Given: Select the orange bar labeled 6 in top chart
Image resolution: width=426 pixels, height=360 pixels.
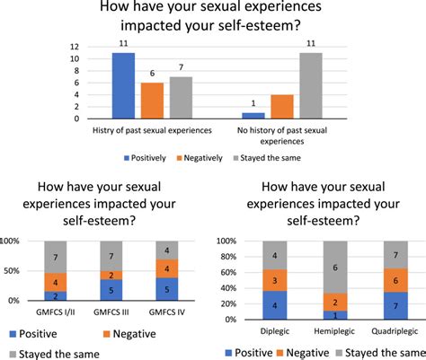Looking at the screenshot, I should pos(151,101).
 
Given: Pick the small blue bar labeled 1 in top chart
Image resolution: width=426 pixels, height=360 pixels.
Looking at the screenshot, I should pos(254,115).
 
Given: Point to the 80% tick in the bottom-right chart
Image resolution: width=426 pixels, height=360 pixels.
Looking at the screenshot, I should pos(231,260).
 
